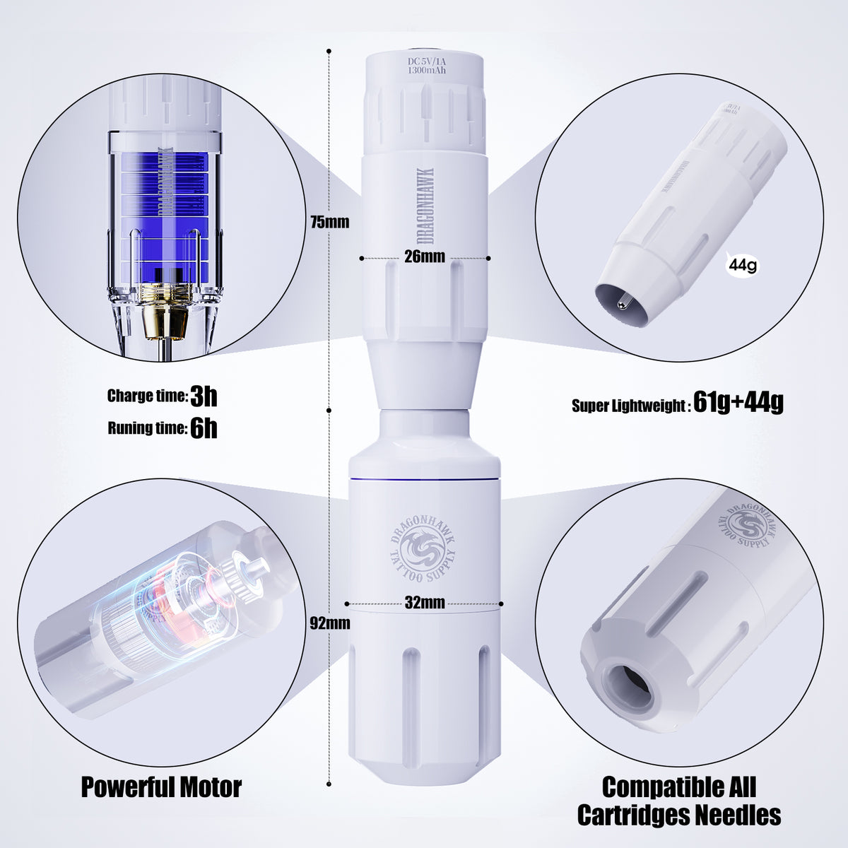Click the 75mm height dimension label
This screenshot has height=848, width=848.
[x=329, y=222]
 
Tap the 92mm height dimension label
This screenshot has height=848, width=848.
[x=329, y=623]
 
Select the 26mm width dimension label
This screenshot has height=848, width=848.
[x=424, y=256]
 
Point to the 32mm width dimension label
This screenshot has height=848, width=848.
[x=425, y=603]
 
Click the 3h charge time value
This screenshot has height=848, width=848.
[x=204, y=396]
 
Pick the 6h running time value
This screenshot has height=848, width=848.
[x=204, y=428]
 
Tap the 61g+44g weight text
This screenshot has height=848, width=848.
[x=738, y=404]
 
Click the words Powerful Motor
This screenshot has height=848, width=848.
[x=161, y=787]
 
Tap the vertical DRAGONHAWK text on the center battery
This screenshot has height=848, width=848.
[x=427, y=206]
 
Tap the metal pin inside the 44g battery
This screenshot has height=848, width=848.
[x=620, y=305]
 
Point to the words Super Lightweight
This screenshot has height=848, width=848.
[x=628, y=406]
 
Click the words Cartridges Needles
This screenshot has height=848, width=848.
[x=678, y=815]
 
